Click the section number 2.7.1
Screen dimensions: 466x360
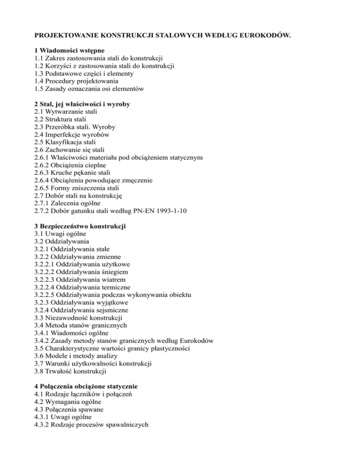click(44, 203)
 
